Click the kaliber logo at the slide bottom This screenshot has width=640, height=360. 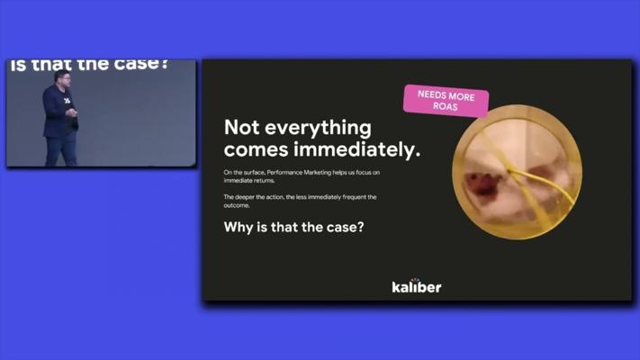coord(417,286)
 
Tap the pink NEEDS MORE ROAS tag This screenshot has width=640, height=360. coord(446,101)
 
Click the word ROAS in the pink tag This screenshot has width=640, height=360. coord(446,106)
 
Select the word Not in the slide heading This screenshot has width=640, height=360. coord(241,127)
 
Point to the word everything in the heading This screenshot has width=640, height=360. coord(319,129)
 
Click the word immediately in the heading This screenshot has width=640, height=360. coord(356,150)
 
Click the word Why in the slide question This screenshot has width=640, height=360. coord(239,228)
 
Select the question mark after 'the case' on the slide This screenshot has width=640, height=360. coord(360,227)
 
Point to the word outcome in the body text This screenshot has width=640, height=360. coord(237,205)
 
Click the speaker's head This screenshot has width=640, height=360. coord(62,77)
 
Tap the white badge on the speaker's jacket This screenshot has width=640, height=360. coord(67,101)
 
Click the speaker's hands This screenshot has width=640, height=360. coord(71,112)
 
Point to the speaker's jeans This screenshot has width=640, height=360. coord(61,150)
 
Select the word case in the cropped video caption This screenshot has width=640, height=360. coord(137,64)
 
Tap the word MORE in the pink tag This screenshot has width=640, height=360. coord(460,97)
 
